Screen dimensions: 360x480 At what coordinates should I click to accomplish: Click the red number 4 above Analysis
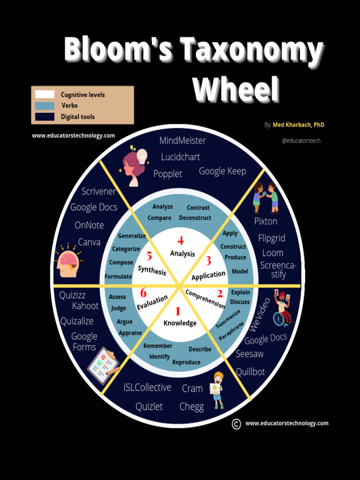click(x=180, y=241)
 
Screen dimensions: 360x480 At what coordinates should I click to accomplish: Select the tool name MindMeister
click(x=182, y=141)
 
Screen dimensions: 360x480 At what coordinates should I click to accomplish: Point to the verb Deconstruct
click(x=195, y=218)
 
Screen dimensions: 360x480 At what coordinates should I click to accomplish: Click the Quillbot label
click(x=250, y=372)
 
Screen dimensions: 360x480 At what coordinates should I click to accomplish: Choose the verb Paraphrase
click(x=231, y=331)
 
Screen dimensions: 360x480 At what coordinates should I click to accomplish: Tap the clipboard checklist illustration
click(x=103, y=366)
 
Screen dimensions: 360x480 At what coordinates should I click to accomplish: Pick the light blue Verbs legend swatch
click(x=45, y=106)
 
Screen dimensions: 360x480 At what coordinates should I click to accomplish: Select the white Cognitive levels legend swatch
click(x=45, y=95)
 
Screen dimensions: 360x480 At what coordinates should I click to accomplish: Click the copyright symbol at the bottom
click(x=236, y=424)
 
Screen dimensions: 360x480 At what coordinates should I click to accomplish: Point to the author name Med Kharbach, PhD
click(x=299, y=125)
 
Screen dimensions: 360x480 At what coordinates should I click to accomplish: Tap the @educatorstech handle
click(x=301, y=140)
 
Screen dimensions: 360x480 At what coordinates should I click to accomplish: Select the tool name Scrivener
click(x=98, y=191)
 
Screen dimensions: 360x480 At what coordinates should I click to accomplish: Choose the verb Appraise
click(x=130, y=333)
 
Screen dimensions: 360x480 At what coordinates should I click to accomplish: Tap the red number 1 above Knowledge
click(x=178, y=311)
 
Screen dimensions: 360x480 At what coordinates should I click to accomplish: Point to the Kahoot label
click(x=85, y=306)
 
